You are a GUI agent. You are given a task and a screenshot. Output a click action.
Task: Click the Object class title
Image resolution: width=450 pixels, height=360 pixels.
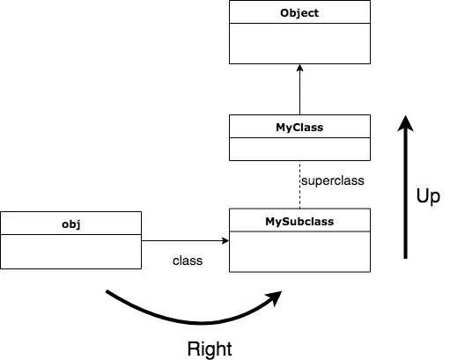pos(299,13)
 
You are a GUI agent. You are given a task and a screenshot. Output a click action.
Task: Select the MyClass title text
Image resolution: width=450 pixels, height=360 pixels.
pos(299,127)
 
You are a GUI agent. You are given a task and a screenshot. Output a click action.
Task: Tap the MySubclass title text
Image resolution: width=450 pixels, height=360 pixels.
pos(299,220)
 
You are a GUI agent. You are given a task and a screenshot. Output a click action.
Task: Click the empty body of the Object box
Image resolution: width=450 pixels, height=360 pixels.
pos(299,43)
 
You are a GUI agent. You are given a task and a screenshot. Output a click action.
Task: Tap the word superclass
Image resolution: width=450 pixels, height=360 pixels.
pos(332,180)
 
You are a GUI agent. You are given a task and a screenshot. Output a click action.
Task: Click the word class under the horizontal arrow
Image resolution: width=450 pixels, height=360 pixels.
pos(188,261)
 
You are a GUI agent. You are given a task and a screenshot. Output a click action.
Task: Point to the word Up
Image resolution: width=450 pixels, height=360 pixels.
pos(427,195)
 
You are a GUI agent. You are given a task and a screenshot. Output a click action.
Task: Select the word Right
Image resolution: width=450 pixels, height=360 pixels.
pos(210,349)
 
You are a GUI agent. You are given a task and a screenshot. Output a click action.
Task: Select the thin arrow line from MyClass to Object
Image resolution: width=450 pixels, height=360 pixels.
pos(299,92)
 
